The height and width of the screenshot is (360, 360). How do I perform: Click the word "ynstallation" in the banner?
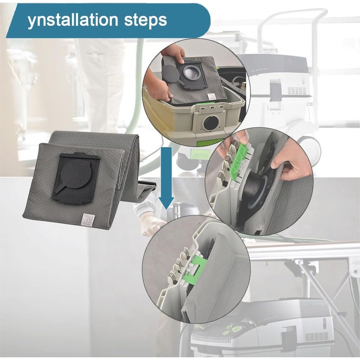pos(73,20)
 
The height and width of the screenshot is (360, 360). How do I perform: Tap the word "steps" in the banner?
pos(145,21)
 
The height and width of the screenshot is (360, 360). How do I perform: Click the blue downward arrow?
pos(166,178)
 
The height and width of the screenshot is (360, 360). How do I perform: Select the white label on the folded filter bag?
pos(88,221)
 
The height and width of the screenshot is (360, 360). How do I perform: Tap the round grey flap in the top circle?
pos(171,74)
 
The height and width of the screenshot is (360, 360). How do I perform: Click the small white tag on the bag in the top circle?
pos(211,96)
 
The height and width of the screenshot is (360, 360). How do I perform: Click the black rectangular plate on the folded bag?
pos(76,177)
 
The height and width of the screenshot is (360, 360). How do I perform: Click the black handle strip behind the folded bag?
pos(148,184)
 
